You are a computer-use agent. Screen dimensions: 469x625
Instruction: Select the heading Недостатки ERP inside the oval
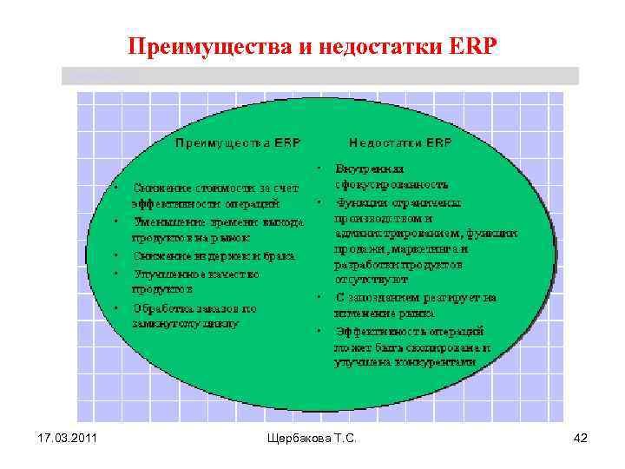400,142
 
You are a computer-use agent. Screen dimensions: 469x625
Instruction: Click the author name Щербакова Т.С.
312,439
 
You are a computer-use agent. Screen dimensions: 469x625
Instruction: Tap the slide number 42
581,439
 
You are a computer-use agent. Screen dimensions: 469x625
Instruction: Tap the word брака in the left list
279,255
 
